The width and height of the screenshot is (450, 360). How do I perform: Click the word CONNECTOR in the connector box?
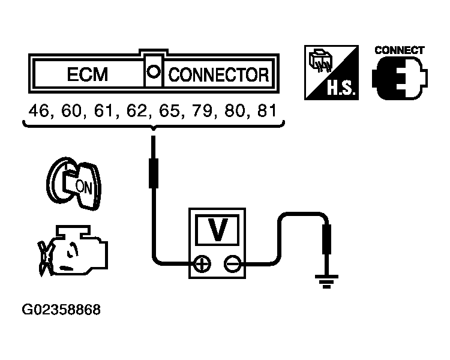click(x=218, y=75)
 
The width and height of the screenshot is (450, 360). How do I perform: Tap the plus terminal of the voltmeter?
click(x=203, y=263)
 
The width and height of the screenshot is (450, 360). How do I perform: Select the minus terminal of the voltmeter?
click(x=231, y=263)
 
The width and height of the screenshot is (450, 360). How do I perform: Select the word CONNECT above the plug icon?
click(x=399, y=50)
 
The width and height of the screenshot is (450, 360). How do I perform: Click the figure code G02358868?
click(x=61, y=310)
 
